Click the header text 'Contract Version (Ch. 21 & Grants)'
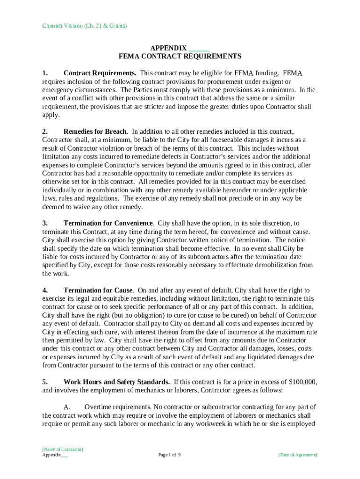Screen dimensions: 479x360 pos(85,26)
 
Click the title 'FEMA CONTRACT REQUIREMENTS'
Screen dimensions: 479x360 pos(180,57)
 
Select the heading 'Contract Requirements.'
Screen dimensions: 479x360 pos(100,73)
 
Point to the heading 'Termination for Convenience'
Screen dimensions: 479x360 pos(108,224)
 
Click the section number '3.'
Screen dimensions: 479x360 pos(45,224)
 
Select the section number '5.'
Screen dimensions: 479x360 pos(45,382)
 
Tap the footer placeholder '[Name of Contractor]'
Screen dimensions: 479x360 pos(63,449)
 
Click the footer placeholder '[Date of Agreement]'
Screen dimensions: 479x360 pos(297,455)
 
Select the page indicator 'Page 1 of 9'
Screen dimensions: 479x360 pos(169,455)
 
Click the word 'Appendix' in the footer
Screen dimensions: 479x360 pos(51,455)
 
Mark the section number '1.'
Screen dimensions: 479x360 pos(45,73)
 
